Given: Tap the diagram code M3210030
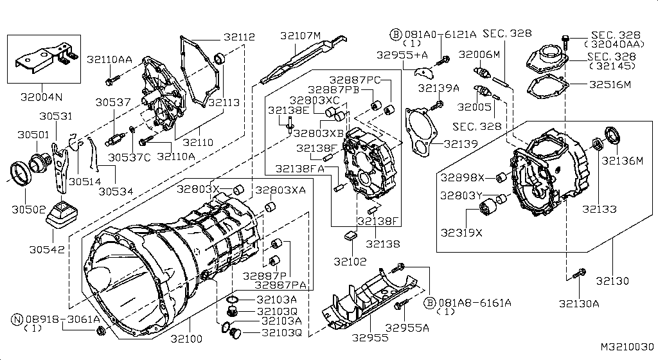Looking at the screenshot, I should [627, 347].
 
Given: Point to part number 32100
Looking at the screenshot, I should [187, 338].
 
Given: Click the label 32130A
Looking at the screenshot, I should [578, 305].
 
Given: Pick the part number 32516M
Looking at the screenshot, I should [610, 84].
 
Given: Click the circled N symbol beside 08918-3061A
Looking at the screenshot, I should [15, 318].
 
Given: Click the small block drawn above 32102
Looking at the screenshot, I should [351, 236].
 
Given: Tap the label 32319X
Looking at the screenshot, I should [460, 231].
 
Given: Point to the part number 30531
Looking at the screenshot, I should [55, 116].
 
